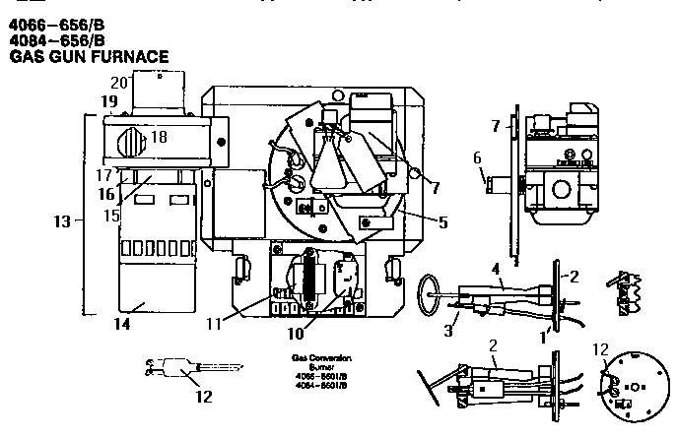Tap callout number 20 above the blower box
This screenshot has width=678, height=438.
coord(119,83)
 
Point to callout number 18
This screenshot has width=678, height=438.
coord(158,137)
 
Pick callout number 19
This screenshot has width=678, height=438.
coord(107,101)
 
